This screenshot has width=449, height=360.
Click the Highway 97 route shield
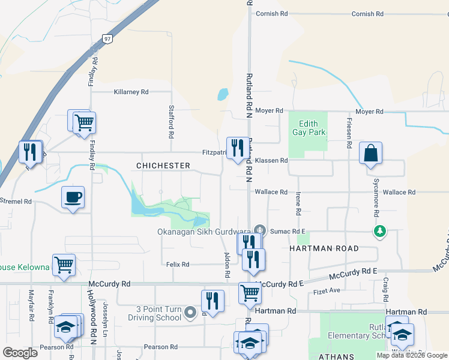(107, 39)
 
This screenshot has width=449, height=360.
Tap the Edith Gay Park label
(309, 128)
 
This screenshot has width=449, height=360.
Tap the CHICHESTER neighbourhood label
(163, 166)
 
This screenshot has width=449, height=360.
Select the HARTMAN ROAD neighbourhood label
(324, 248)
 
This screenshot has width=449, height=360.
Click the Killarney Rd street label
(131, 92)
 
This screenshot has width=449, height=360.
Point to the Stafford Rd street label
(171, 122)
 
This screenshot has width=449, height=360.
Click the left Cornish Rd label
(273, 14)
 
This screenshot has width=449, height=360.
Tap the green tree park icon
(379, 231)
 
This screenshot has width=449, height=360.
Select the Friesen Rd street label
(348, 133)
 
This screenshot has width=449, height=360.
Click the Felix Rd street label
(178, 264)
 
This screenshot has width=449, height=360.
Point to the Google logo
(20, 353)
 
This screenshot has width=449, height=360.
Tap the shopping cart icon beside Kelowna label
(64, 264)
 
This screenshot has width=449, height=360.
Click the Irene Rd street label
(298, 204)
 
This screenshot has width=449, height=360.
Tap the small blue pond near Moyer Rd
(223, 94)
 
